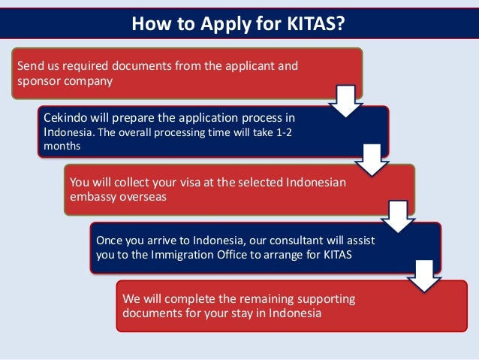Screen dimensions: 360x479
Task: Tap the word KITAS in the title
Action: point(312,24)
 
